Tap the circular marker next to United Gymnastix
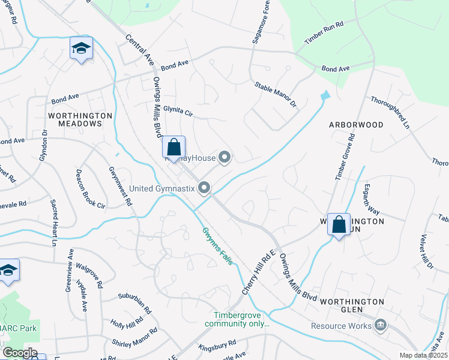[x=205, y=188]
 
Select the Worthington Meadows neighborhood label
[x=80, y=119]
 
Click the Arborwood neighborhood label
[x=356, y=125]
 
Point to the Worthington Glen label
[x=352, y=301]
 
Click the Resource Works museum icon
[x=379, y=326]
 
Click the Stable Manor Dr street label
[x=276, y=95]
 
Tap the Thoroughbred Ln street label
[x=390, y=113]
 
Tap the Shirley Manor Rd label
[x=134, y=336]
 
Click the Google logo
[x=19, y=353]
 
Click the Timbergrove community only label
[x=237, y=319]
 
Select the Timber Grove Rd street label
[x=344, y=157]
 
